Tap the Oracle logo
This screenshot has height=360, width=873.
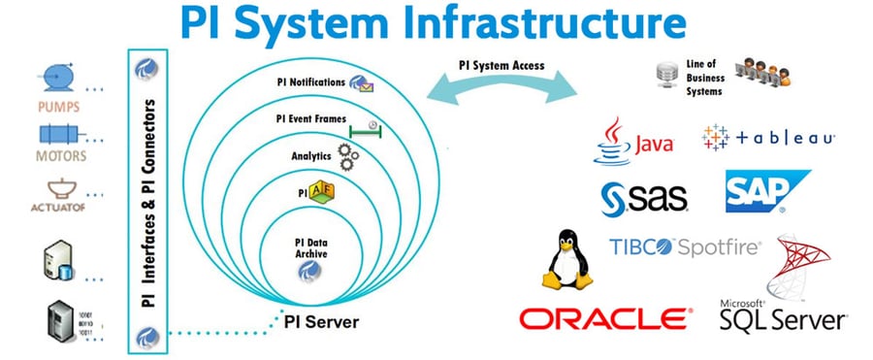point(605,317)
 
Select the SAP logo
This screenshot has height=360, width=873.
point(766,191)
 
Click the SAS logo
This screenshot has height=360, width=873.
point(643,197)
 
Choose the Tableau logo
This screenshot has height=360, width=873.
point(767,138)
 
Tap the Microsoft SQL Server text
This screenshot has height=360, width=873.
point(782,315)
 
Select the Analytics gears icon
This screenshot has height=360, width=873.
point(346,155)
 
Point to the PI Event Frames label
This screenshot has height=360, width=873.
point(309,118)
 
